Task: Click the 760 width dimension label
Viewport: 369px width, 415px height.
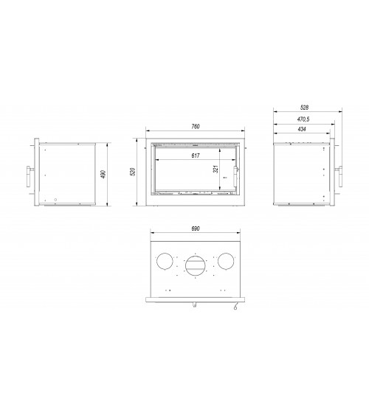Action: click(196, 127)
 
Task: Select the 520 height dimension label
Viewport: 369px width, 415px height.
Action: click(133, 172)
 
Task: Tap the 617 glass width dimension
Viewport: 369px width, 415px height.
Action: click(196, 156)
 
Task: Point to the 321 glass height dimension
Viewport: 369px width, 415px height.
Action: click(215, 169)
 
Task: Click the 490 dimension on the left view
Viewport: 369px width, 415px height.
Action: click(103, 174)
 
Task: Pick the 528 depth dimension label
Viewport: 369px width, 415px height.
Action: click(304, 108)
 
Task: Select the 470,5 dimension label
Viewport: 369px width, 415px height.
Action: click(303, 119)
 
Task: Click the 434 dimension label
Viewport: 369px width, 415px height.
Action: click(302, 129)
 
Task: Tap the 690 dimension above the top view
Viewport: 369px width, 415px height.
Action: click(196, 229)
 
